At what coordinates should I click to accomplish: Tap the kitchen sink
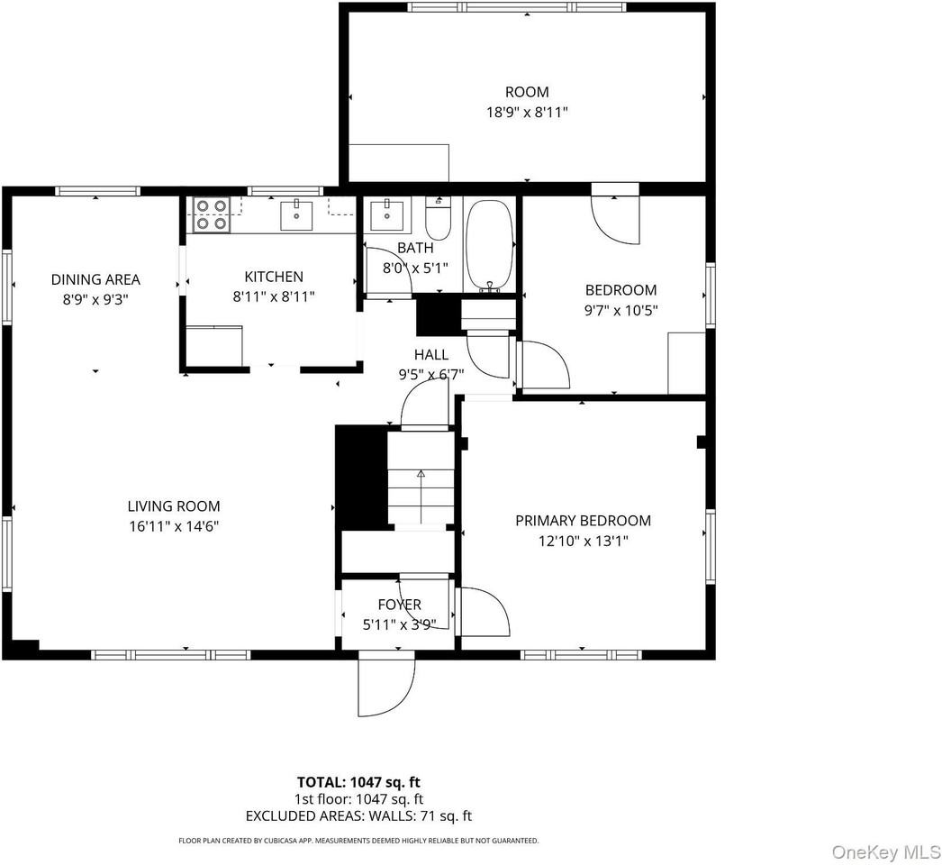(296, 215)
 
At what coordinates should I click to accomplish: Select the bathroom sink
(391, 214)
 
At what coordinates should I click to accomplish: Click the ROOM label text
(526, 92)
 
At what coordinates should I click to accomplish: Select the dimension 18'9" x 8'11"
(526, 113)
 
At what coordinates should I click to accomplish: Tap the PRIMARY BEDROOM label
(583, 521)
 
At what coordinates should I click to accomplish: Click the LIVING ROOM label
(173, 506)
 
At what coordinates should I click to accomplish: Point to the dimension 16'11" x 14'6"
(173, 526)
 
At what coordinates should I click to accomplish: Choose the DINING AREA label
(95, 279)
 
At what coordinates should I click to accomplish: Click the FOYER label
(399, 605)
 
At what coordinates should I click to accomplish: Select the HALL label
(431, 354)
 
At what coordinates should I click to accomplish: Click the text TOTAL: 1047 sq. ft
(358, 782)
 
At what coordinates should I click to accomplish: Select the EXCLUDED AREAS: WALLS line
(358, 816)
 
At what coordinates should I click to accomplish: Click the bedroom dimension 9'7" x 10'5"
(620, 310)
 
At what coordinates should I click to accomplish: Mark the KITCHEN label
(274, 277)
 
